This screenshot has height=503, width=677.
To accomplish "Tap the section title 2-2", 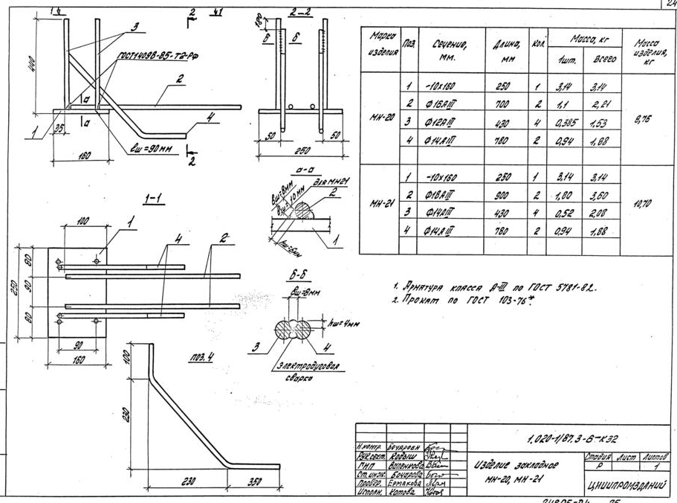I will click(x=301, y=13).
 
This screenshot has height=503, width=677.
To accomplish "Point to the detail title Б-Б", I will click(x=295, y=275).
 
